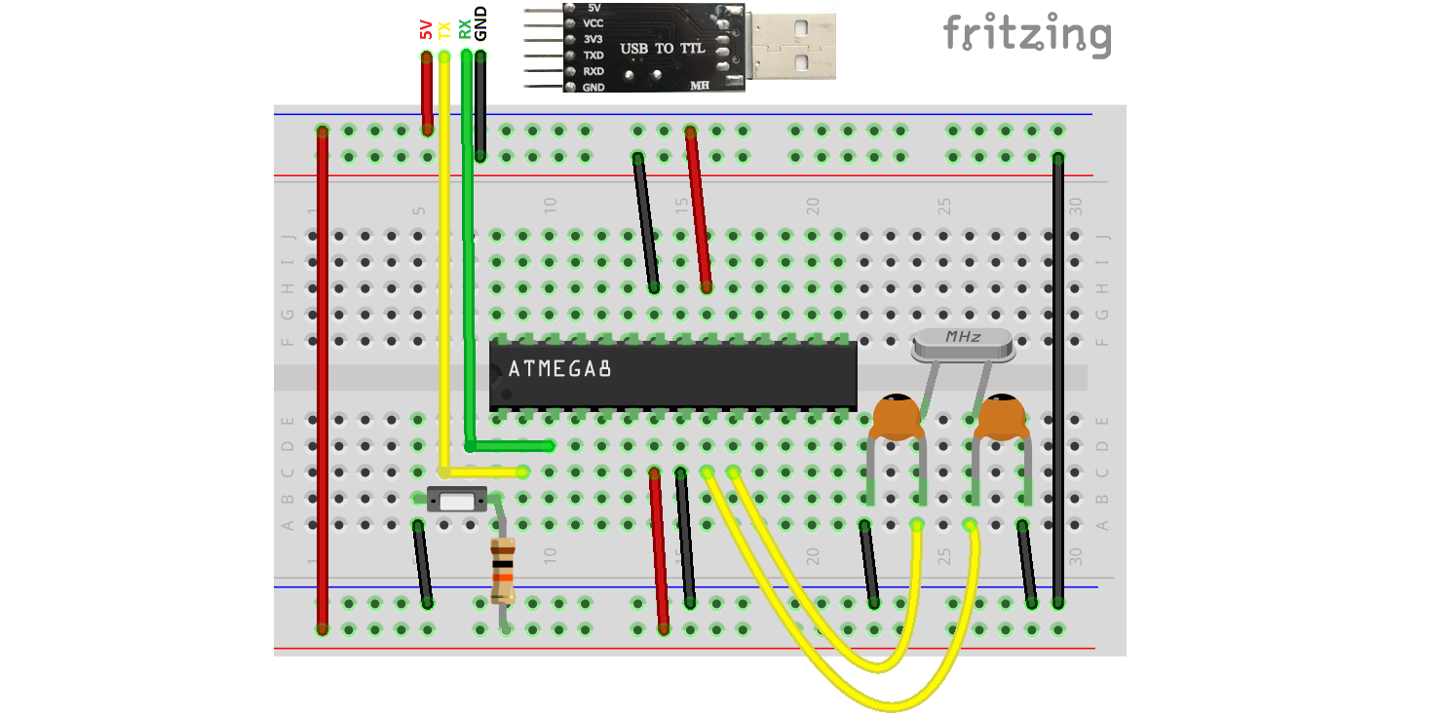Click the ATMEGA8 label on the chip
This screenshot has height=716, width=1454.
pos(559,370)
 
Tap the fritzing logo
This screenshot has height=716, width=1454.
pos(1026,35)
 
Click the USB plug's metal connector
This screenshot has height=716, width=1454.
pos(790,46)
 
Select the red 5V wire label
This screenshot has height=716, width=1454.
pos(426,30)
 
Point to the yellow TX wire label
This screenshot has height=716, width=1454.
pos(444,30)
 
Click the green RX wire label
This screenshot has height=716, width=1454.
pos(465,30)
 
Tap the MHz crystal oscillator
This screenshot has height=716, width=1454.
pos(962,340)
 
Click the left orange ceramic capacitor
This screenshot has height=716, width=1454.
pos(896,417)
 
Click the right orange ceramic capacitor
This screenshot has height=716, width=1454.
pos(1000,417)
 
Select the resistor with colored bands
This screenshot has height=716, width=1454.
pos(503,570)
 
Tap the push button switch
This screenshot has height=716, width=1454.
pos(457,501)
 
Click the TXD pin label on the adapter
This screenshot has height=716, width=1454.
pos(593,56)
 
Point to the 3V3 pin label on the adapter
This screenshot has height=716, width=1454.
pos(593,39)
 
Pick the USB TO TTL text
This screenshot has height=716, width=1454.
pos(663,48)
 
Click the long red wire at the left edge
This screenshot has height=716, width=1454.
pos(323,380)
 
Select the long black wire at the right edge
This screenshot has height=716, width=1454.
pos(1058,380)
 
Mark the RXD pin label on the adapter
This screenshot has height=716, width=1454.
pos(593,71)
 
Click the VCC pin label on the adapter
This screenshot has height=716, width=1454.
pos(593,22)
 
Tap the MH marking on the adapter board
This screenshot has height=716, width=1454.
pos(700,86)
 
